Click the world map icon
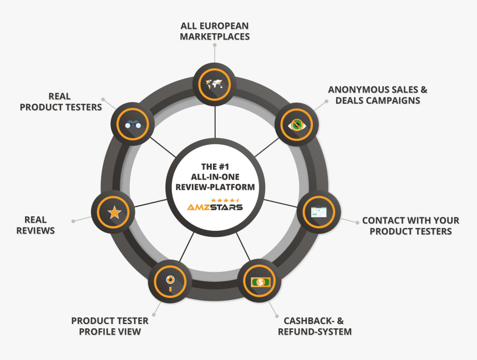[214, 84]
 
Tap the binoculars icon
[132, 124]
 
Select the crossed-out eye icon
[297, 124]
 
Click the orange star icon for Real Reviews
[114, 212]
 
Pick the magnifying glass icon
[170, 281]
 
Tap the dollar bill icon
[260, 282]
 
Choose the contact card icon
[318, 212]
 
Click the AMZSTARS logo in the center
[215, 207]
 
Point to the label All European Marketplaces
[215, 31]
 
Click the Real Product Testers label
[61, 102]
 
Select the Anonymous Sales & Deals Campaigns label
[378, 95]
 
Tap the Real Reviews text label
[35, 225]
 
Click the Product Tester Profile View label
[110, 326]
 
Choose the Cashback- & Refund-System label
[317, 326]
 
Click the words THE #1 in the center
[215, 166]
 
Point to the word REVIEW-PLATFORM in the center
[215, 187]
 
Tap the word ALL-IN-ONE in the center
[215, 176]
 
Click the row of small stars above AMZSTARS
[225, 199]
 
